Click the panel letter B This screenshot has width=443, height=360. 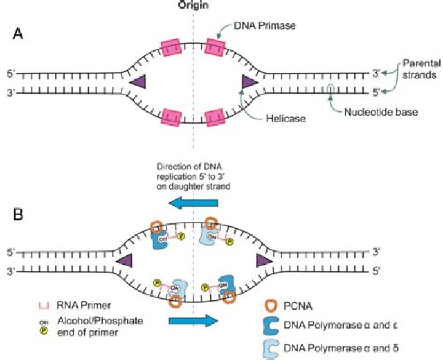[20, 215]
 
